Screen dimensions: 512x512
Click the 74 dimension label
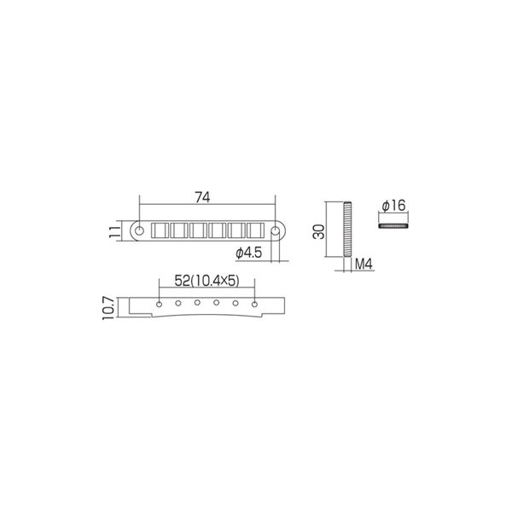pos(202,197)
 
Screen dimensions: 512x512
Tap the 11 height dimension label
pos(114,231)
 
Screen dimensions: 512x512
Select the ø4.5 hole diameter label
pos(249,253)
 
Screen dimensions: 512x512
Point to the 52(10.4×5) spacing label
pos(207,281)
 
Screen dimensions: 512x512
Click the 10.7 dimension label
pos(108,308)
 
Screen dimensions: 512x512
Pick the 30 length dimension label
pos(318,231)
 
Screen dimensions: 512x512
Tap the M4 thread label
pos(364,264)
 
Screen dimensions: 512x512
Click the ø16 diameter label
pos(393,206)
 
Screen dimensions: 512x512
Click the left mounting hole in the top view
pos(139,231)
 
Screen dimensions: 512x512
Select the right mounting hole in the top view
pos(276,231)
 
